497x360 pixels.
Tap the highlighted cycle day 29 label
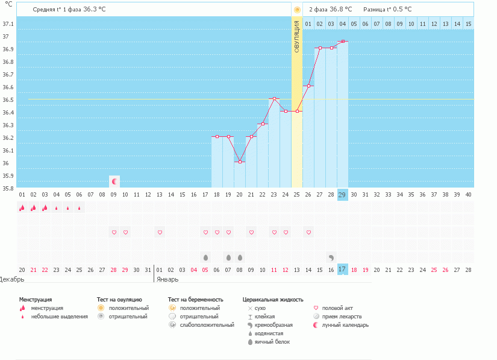pyautogui.click(x=342, y=194)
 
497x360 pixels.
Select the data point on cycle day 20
pyautogui.click(x=240, y=162)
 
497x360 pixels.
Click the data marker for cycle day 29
pyautogui.click(x=342, y=41)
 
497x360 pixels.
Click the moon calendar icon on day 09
pyautogui.click(x=114, y=181)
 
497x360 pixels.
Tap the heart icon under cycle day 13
pyautogui.click(x=160, y=232)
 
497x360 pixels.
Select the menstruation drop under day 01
pyautogui.click(x=22, y=208)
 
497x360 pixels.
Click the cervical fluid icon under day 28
pyautogui.click(x=331, y=257)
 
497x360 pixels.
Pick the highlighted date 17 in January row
pyautogui.click(x=342, y=269)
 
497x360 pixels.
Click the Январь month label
pyautogui.click(x=167, y=280)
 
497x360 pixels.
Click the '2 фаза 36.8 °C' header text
pyautogui.click(x=330, y=10)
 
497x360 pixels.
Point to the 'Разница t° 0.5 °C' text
pyautogui.click(x=387, y=10)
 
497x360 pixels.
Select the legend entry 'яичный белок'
pyautogui.click(x=272, y=342)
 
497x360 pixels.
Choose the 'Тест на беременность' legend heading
pyautogui.click(x=196, y=299)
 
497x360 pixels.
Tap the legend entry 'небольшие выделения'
pyautogui.click(x=59, y=317)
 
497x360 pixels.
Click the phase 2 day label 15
pyautogui.click(x=468, y=24)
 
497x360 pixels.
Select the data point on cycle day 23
pyautogui.click(x=274, y=98)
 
